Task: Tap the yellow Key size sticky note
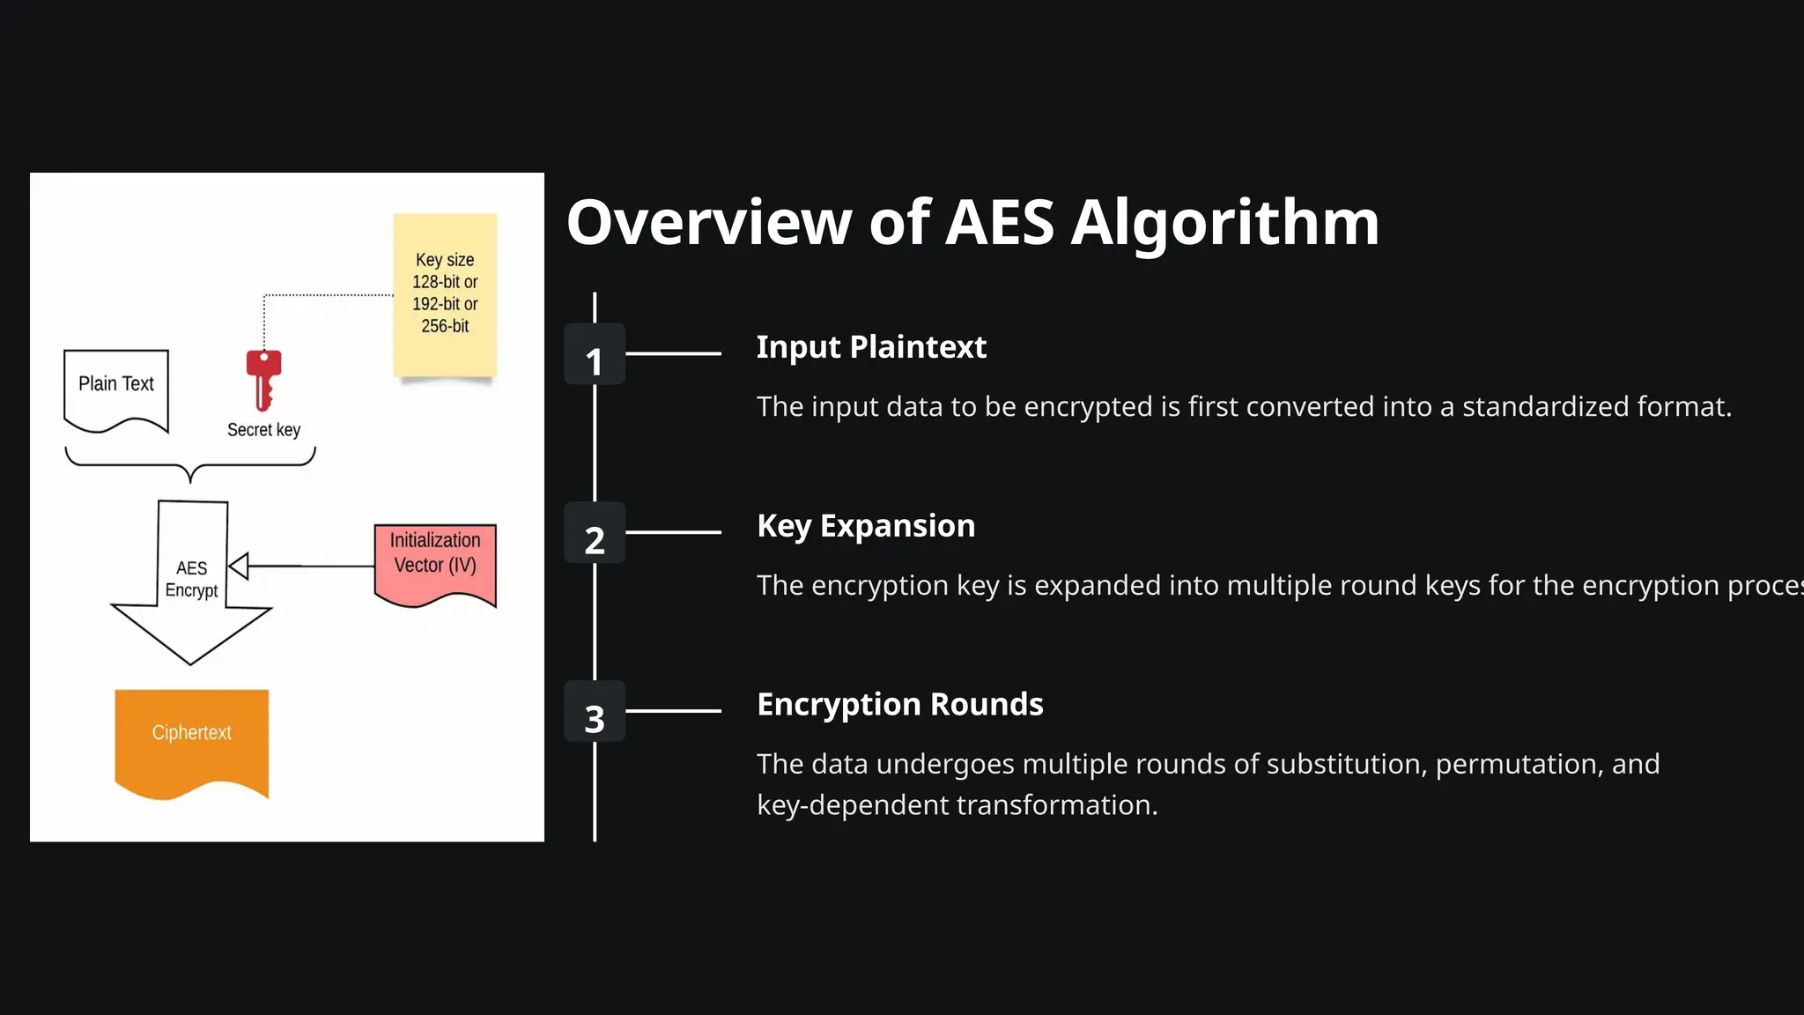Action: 445,295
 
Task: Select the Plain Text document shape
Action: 116,389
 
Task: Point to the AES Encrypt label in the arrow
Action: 191,579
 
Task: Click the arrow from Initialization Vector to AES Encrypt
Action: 299,566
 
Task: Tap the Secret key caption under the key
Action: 263,430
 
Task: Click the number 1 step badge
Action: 595,354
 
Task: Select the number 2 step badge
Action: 595,532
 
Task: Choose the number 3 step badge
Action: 595,711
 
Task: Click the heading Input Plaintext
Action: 871,347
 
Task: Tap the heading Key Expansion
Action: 866,526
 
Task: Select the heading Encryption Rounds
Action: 899,705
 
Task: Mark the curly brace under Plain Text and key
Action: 190,465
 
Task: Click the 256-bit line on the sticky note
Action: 445,326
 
